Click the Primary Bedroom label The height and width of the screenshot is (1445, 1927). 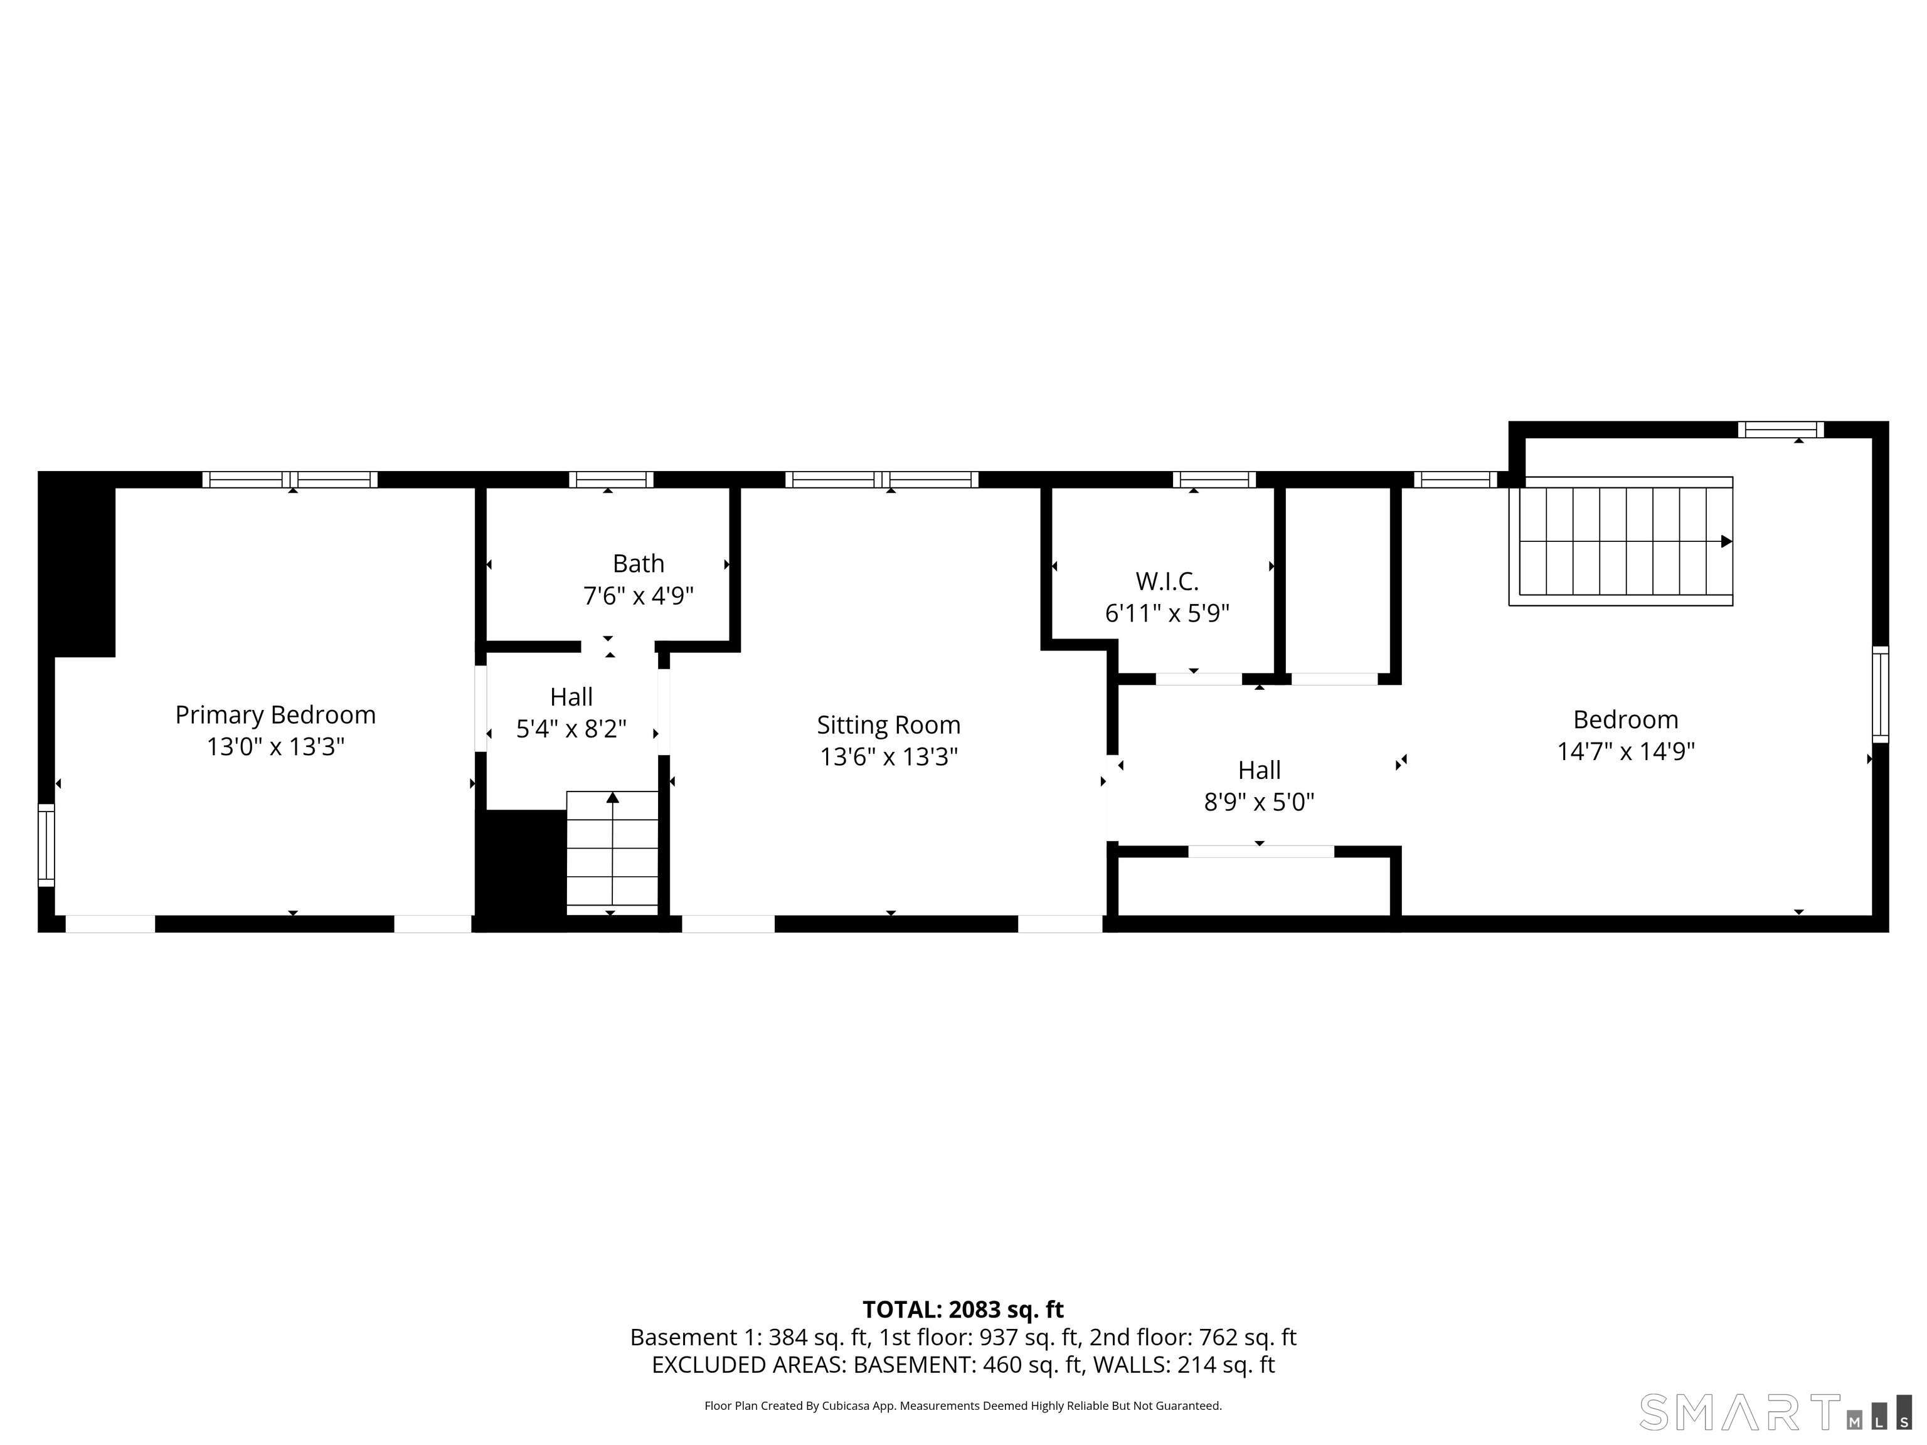pos(275,715)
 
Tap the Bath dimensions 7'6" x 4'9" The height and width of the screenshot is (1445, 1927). pos(638,596)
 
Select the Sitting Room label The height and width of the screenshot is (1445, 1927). pos(889,726)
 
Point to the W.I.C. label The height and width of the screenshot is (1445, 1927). pos(1167,581)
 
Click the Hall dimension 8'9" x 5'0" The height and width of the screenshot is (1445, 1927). pos(1259,802)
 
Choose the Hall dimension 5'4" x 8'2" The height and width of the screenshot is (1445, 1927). pos(571,729)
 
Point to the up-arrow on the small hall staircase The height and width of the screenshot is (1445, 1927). pos(612,798)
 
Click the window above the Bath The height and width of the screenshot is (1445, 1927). pos(611,480)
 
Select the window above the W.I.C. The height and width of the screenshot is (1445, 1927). pos(1214,480)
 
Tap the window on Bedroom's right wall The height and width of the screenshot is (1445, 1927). pos(1880,695)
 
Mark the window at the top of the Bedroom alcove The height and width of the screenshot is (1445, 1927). pos(1781,430)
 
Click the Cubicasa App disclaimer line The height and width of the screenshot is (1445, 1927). pos(963,1406)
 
